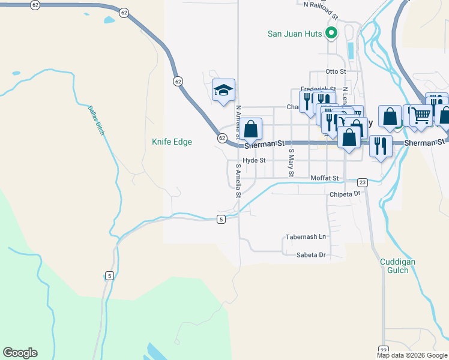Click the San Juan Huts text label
coord(294,34)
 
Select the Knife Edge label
coord(172,142)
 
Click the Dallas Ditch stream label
coord(97,120)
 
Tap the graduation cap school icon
coord(223,91)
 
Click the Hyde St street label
coord(255,160)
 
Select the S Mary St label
coord(291,163)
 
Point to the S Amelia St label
coord(238,181)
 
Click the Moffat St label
coord(325,178)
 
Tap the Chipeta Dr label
coord(344,194)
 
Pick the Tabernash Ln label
coord(306,236)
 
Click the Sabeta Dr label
coord(311,255)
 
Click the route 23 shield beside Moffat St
coord(362,182)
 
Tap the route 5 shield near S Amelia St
coord(221,220)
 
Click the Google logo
coord(20,353)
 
